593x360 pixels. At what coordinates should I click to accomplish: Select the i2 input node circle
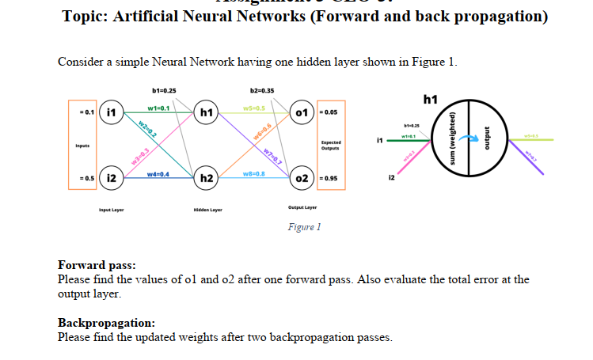point(112,178)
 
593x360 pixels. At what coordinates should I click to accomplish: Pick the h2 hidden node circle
point(205,178)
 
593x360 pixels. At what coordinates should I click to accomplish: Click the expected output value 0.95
point(331,179)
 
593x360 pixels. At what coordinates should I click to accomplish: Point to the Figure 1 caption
point(305,227)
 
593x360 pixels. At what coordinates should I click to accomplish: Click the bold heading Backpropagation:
point(106,323)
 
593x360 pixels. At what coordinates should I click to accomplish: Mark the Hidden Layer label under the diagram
point(207,210)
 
